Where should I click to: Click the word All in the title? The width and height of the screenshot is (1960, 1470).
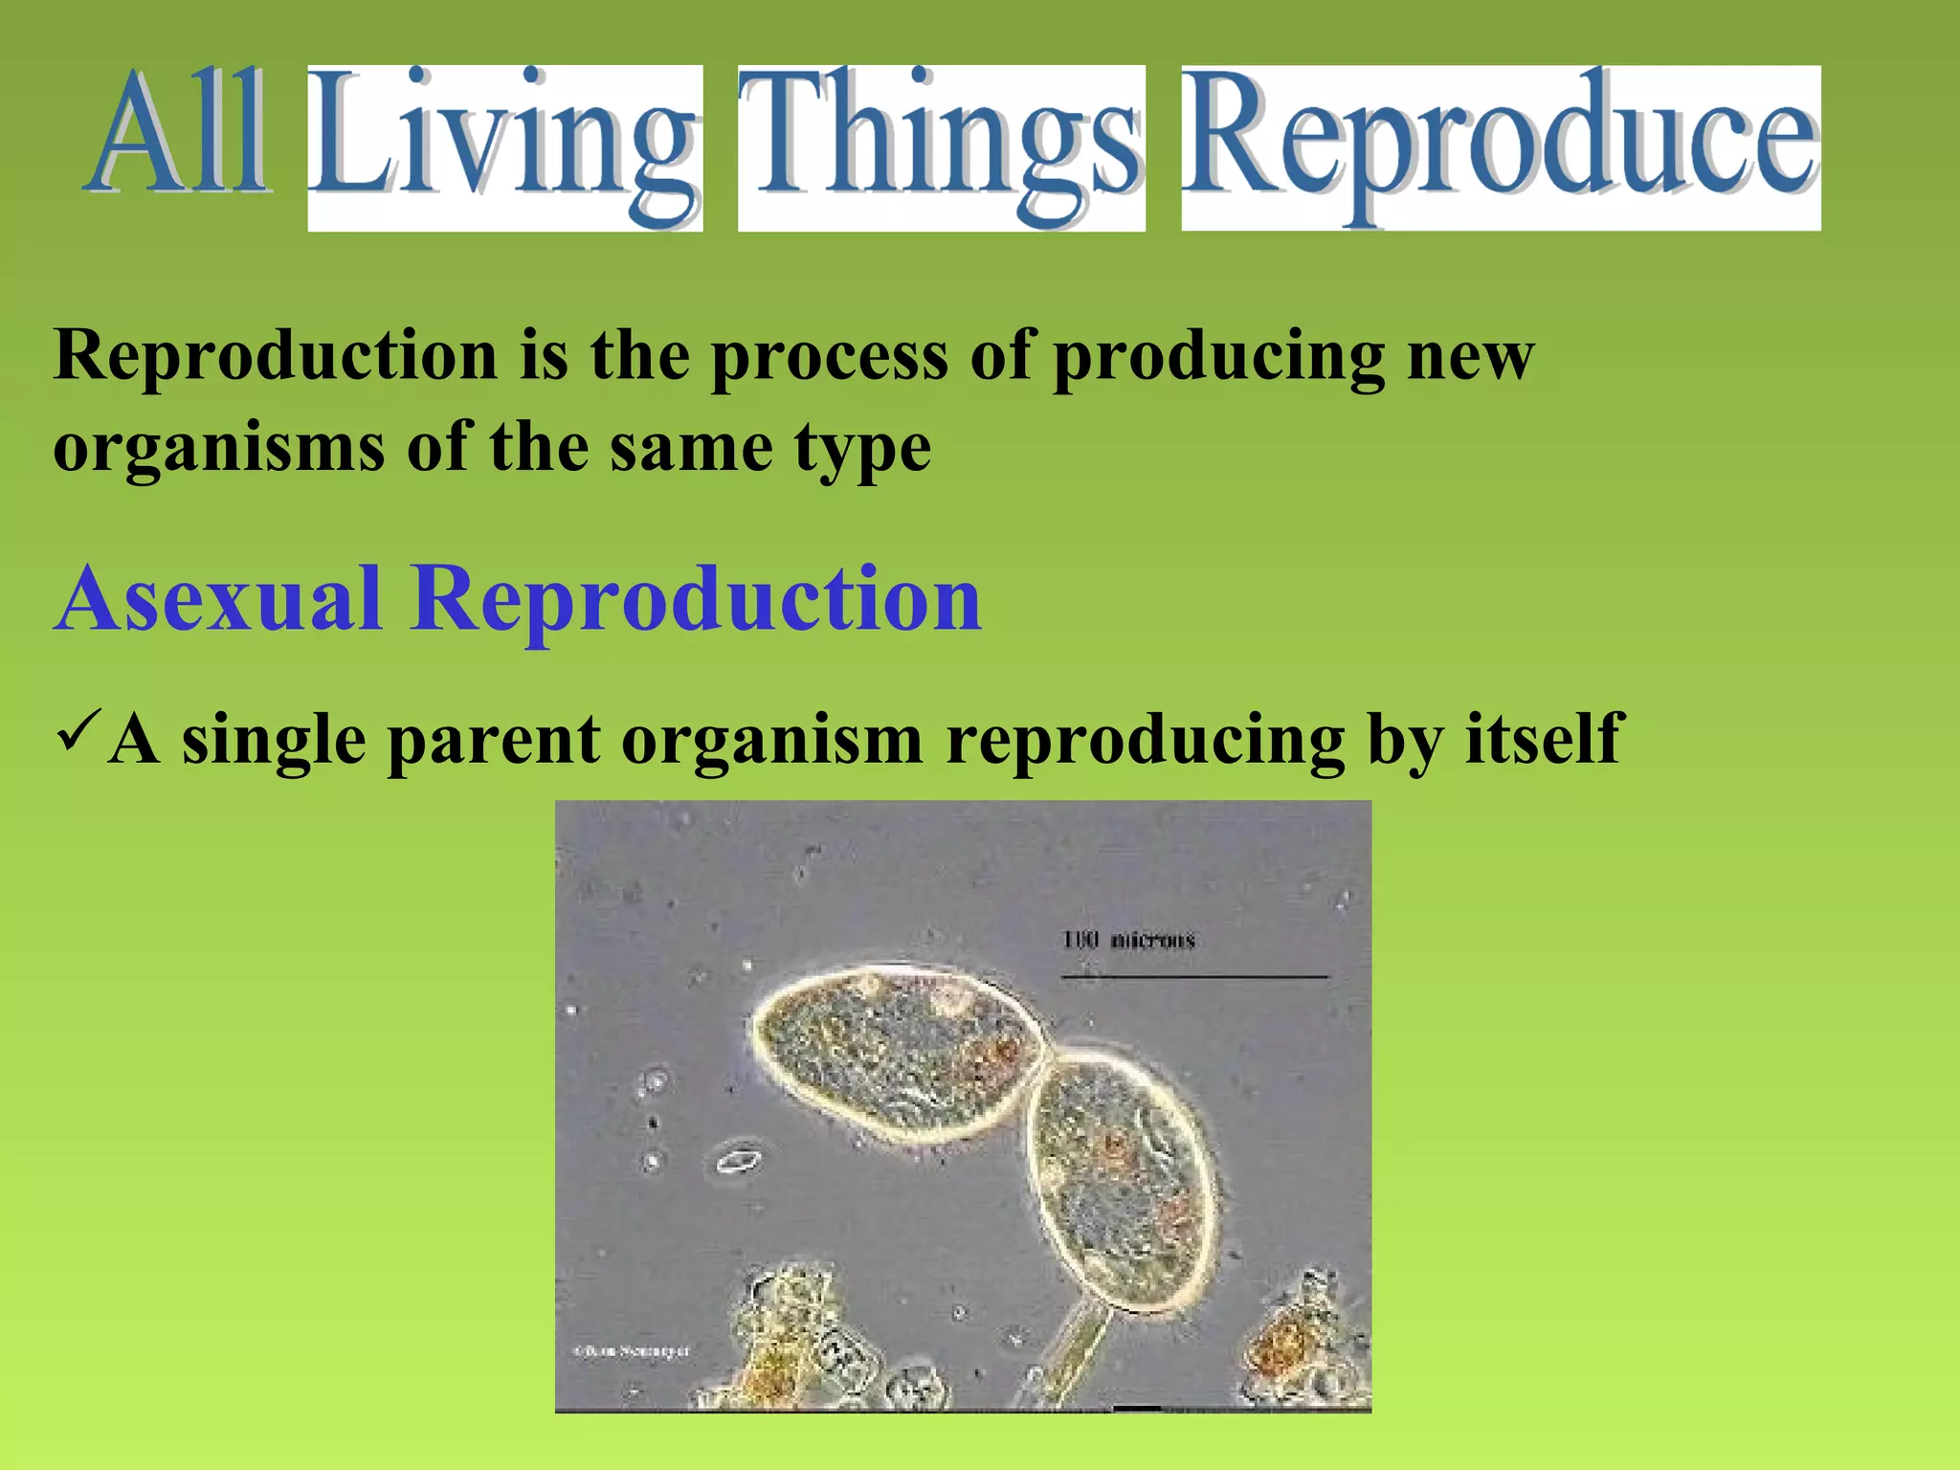[180, 134]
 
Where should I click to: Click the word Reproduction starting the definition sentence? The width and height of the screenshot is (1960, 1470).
[276, 356]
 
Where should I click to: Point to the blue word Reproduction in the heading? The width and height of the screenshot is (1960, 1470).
[696, 601]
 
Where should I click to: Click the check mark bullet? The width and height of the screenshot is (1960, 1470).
[78, 732]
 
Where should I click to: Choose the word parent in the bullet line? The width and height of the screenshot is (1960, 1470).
[494, 740]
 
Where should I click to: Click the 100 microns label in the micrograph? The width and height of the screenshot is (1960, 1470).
[1128, 940]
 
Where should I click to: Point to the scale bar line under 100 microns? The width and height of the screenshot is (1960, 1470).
[1193, 977]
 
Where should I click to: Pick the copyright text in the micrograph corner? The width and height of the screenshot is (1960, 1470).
[632, 1351]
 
